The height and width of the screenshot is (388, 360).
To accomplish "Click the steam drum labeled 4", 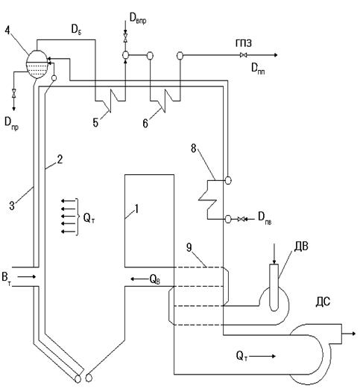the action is [x=37, y=64].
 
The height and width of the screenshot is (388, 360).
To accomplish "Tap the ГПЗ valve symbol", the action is [x=244, y=55].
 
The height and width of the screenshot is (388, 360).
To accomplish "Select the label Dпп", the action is [x=258, y=69].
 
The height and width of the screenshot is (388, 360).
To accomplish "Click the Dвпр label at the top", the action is [x=138, y=18].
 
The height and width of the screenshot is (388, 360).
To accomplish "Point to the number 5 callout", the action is [x=95, y=123].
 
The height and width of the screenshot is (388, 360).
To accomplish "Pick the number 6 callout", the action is [x=145, y=123].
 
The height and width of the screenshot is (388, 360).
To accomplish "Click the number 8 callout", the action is [x=194, y=148].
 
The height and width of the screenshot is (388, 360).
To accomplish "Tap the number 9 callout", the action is [x=189, y=247].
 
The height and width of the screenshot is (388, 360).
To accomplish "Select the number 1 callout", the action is [x=136, y=209].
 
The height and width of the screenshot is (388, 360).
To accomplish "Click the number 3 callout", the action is [x=12, y=206].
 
